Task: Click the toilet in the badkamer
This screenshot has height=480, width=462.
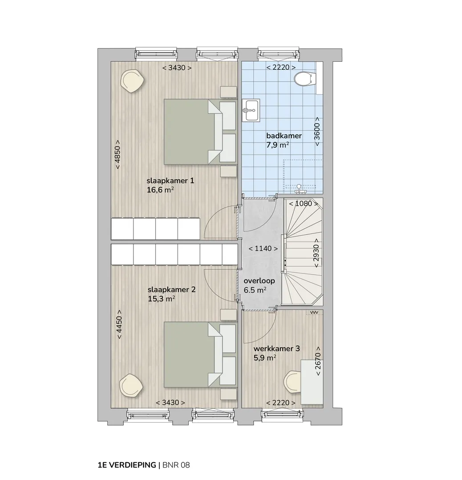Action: coord(305,79)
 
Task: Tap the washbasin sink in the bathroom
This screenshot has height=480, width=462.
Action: coord(251,110)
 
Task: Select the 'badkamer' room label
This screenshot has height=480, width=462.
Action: coord(284,136)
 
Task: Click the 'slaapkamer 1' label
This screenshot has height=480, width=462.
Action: coord(170,180)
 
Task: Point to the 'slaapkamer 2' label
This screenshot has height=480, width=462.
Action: coord(171,289)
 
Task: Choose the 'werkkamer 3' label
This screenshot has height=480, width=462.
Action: coord(276,348)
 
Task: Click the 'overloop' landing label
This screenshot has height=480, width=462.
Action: coord(259,281)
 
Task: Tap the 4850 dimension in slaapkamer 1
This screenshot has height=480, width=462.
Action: coord(118,155)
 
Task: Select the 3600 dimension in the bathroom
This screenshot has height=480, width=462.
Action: coord(317,131)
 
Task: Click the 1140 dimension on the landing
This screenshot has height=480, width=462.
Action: coord(263,248)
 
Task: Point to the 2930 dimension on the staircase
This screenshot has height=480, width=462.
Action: coord(316,253)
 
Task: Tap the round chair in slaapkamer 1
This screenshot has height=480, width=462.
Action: coord(132,80)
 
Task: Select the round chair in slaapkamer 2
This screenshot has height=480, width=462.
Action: coord(131,385)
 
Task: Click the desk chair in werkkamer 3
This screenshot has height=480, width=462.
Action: coord(292,382)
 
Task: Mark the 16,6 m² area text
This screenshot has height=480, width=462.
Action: coord(160,190)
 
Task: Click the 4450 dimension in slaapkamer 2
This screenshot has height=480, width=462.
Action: coord(119,324)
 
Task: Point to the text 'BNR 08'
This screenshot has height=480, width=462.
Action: coord(176,465)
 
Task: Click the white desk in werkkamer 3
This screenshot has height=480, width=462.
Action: coord(312,382)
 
